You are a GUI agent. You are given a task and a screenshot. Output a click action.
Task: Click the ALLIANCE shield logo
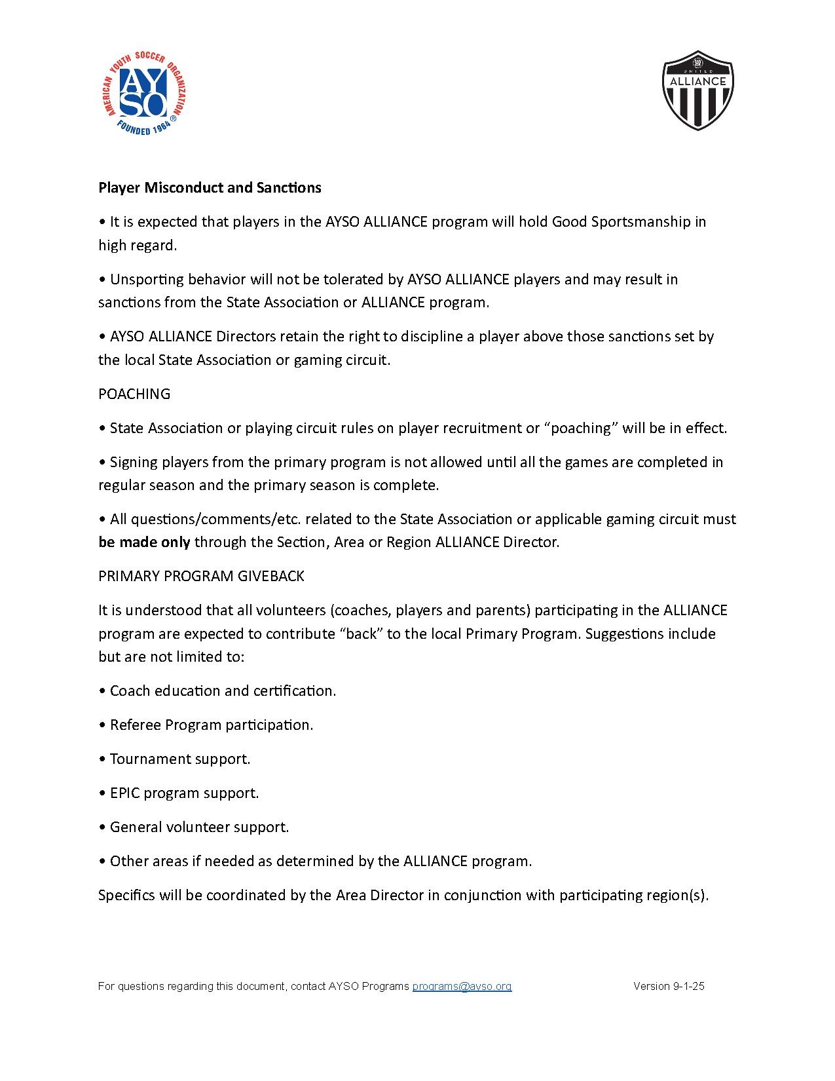click(698, 90)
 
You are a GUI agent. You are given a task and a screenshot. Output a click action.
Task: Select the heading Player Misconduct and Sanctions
click(210, 187)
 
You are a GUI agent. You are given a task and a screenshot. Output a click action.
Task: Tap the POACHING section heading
click(134, 394)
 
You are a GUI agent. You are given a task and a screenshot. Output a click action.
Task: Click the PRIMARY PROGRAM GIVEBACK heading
click(201, 576)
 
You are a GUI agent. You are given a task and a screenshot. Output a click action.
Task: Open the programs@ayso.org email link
click(462, 986)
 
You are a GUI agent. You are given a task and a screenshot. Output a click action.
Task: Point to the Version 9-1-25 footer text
click(669, 986)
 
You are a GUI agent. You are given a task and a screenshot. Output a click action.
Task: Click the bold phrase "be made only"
click(144, 542)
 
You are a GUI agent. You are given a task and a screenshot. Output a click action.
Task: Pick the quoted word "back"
click(361, 634)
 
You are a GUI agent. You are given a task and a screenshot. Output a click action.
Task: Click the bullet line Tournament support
click(179, 759)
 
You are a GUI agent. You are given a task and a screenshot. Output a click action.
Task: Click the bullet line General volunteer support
click(199, 827)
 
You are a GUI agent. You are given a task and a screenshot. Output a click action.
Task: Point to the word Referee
click(135, 725)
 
